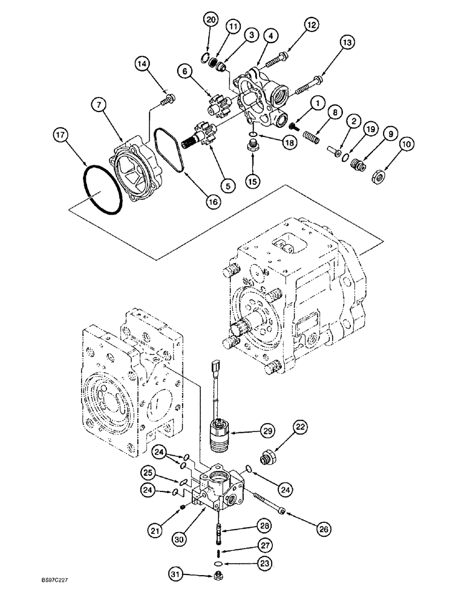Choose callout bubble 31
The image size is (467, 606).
click(x=177, y=589)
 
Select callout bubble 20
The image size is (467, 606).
click(x=211, y=21)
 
